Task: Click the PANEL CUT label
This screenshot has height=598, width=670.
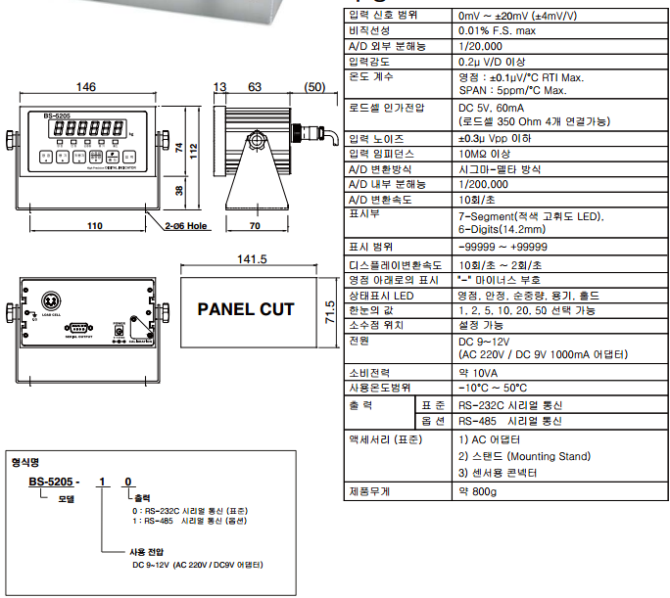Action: tap(246, 309)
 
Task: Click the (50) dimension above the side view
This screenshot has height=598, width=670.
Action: tap(313, 88)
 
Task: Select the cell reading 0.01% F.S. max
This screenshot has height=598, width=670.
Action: tap(497, 31)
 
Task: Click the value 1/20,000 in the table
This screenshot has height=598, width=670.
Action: tap(480, 46)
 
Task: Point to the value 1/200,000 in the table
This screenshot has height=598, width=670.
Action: tap(483, 184)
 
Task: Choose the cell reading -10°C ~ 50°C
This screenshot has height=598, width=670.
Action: tap(495, 389)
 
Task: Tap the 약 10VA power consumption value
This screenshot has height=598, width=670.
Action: tap(478, 373)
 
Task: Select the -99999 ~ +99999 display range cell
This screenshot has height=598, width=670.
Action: tap(502, 247)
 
